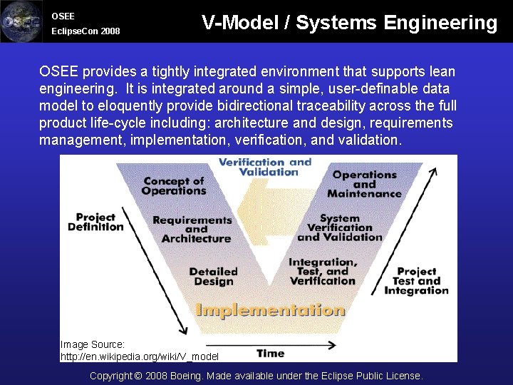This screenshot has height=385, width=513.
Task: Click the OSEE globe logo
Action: pyautogui.click(x=21, y=21)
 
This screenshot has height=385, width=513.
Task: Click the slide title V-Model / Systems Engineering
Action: pyautogui.click(x=349, y=23)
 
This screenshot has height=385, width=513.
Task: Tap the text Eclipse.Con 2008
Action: pyautogui.click(x=85, y=31)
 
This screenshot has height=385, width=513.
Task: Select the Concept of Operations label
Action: pyautogui.click(x=174, y=185)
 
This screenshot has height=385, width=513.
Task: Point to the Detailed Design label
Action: pyautogui.click(x=213, y=277)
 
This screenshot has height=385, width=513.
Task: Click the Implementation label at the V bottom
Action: pyautogui.click(x=270, y=310)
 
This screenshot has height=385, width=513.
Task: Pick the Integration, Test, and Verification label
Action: pyautogui.click(x=323, y=272)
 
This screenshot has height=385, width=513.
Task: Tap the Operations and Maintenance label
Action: pyautogui.click(x=364, y=184)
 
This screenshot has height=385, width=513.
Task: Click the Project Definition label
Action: pyautogui.click(x=95, y=222)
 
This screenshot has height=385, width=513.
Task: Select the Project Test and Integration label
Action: pyautogui.click(x=417, y=281)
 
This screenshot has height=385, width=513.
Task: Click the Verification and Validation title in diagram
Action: pyautogui.click(x=264, y=167)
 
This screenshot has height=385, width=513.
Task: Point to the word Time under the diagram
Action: pyautogui.click(x=270, y=353)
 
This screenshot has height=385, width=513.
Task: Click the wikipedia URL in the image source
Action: pyautogui.click(x=140, y=356)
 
